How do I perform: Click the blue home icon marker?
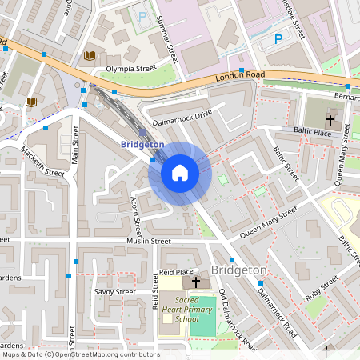point(180,172)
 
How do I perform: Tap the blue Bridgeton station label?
point(142,144)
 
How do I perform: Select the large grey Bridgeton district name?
point(238,270)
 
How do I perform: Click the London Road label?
point(239,78)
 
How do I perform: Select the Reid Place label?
point(178,273)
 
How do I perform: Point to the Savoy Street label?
point(115,292)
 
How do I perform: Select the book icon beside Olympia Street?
point(90,55)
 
